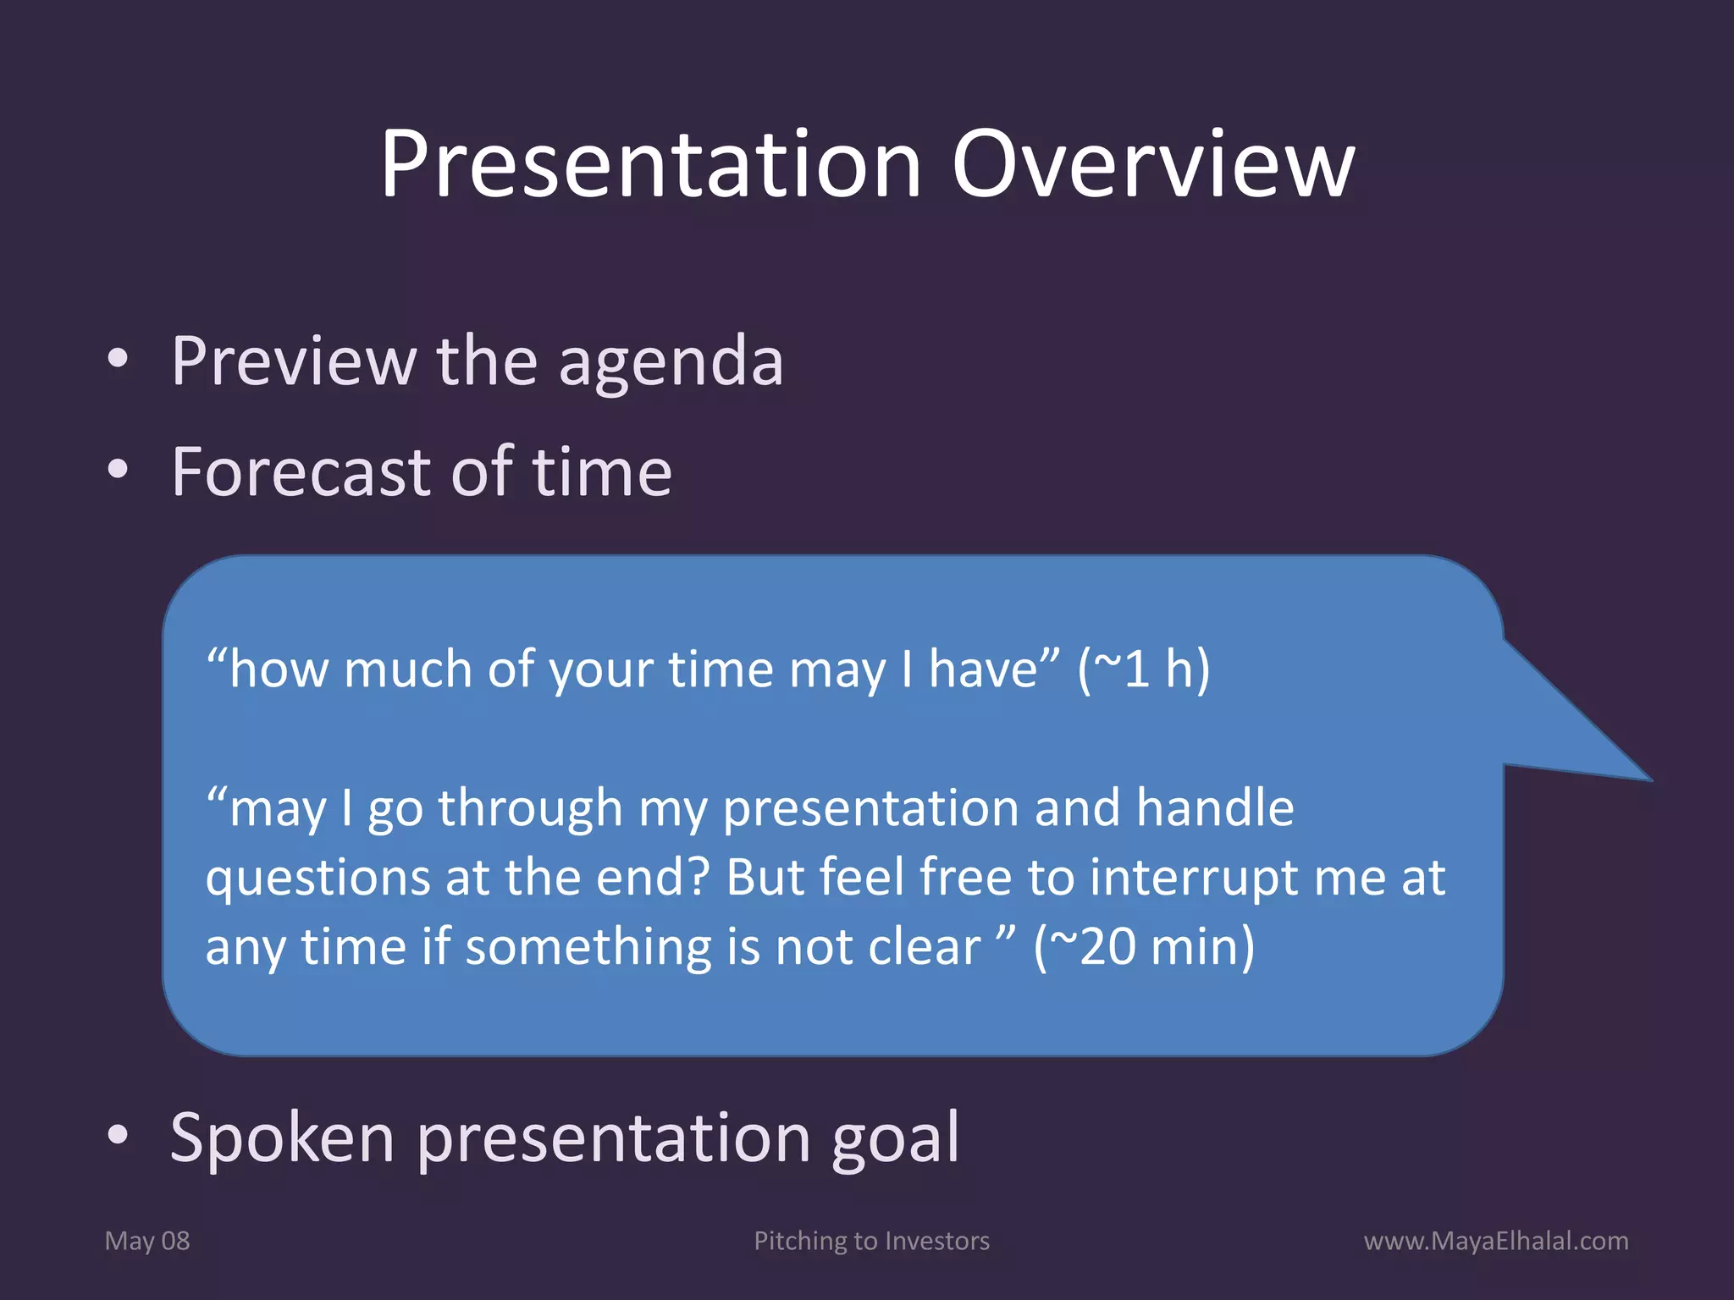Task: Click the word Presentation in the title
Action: coord(650,165)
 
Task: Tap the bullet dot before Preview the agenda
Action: coord(118,359)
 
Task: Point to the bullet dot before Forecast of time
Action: coord(118,470)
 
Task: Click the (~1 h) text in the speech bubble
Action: coord(1143,669)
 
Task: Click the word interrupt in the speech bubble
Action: coord(1194,878)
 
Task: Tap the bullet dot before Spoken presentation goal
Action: coord(118,1135)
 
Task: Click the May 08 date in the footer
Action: coord(147,1241)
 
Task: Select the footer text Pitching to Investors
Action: coord(871,1241)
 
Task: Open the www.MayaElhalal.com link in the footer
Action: coord(1495,1241)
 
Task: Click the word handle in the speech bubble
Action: coord(1214,807)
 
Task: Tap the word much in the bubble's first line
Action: coord(407,669)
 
